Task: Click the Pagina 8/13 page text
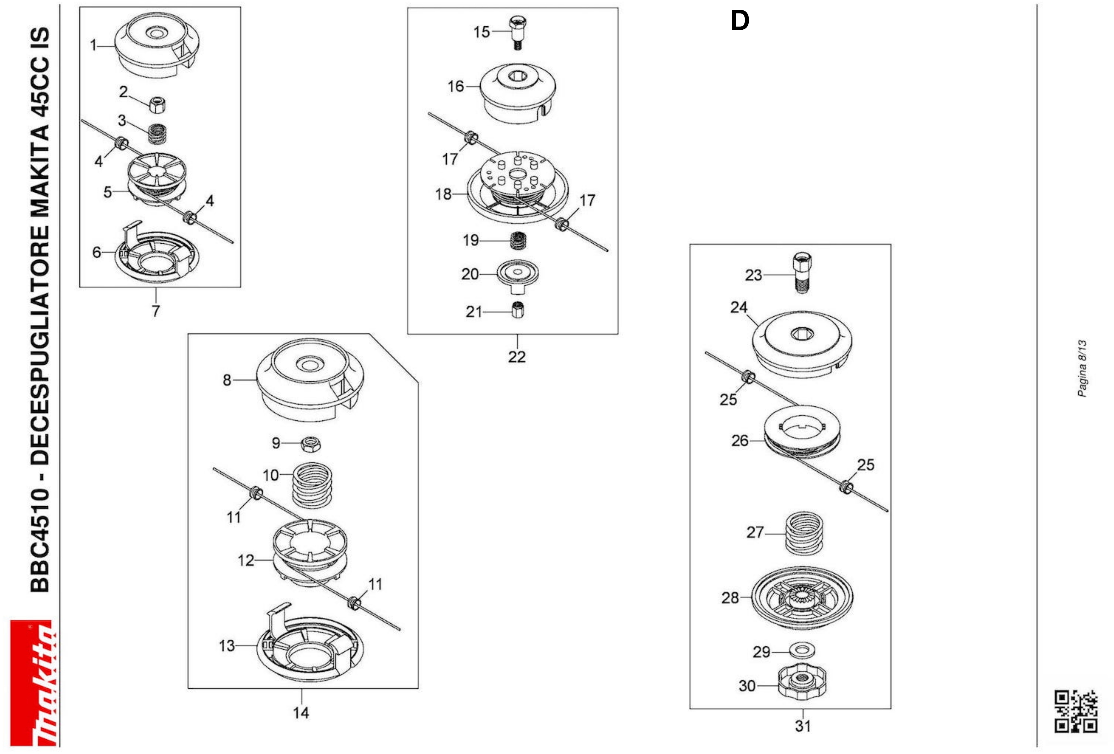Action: (1082, 369)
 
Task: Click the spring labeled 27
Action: (804, 533)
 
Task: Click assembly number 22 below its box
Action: (517, 357)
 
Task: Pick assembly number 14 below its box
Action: (301, 713)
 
